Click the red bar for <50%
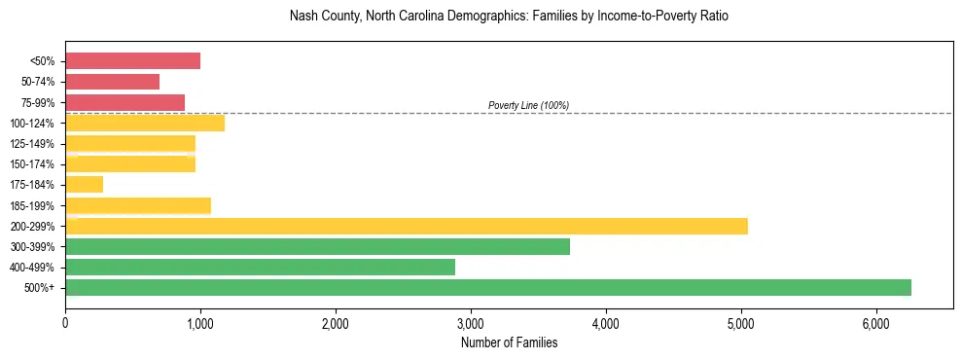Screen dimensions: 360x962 [132, 61]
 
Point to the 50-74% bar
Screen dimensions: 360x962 [112, 82]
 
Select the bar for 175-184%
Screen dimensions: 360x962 [84, 185]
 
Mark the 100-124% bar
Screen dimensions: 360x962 [145, 123]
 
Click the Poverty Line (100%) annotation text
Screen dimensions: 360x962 [528, 105]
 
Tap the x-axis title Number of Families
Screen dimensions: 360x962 [509, 342]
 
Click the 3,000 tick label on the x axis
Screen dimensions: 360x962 [471, 322]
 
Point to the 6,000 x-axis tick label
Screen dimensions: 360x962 [876, 322]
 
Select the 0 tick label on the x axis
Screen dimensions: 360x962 [65, 322]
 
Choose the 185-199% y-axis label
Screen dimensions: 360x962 [37, 205]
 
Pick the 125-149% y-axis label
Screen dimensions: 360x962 [37, 144]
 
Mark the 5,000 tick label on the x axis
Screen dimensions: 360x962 [741, 322]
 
